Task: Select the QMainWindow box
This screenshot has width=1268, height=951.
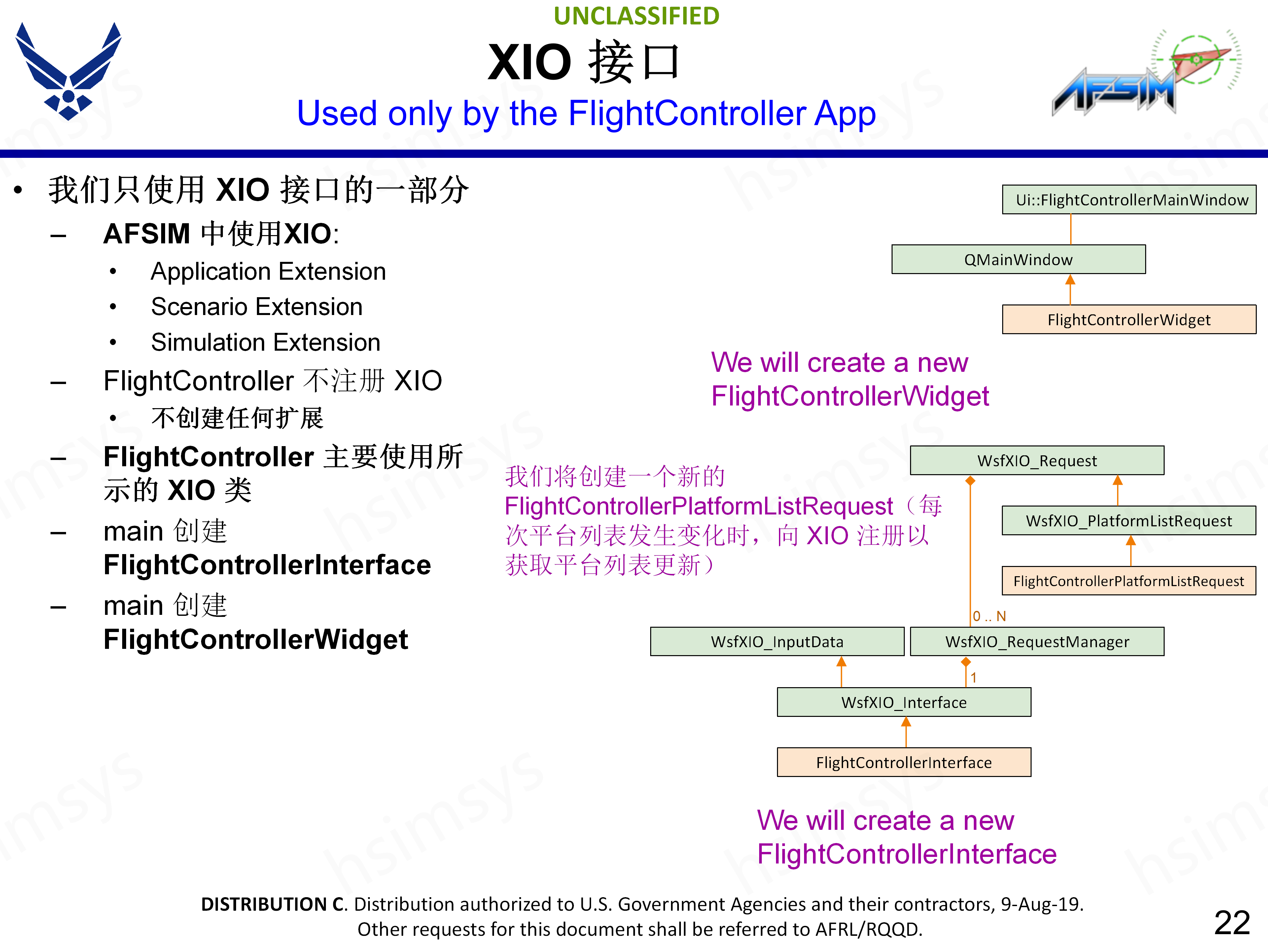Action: coord(1018,260)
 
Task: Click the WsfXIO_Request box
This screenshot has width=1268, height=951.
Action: coord(1037,460)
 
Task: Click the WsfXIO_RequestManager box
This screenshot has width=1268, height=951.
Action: coord(1037,642)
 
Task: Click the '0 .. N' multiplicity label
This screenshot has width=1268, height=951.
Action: coord(989,616)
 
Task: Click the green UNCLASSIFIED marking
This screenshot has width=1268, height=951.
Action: coord(636,16)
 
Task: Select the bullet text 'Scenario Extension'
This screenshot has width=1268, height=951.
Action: coord(256,307)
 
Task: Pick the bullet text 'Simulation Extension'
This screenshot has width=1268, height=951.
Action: coord(265,342)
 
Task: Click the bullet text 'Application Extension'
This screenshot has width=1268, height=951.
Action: coord(268,271)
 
